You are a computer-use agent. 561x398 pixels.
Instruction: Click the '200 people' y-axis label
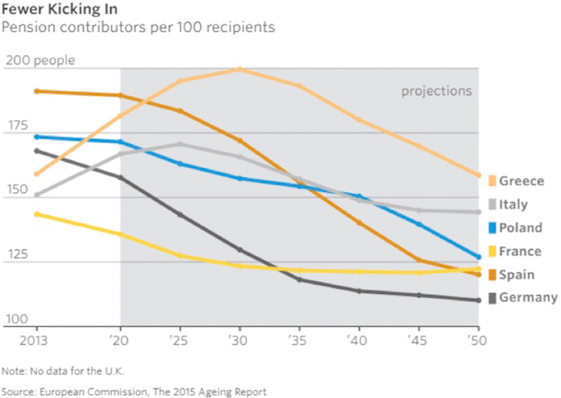click(x=40, y=61)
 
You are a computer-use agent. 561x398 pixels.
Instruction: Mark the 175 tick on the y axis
click(x=18, y=126)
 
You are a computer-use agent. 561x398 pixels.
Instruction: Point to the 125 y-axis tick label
click(x=18, y=256)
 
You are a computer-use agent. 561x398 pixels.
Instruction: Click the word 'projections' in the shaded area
click(x=436, y=91)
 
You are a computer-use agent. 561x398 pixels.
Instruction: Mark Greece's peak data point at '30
click(x=239, y=69)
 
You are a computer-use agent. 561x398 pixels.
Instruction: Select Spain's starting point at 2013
click(x=37, y=91)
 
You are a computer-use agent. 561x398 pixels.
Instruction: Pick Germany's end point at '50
click(x=478, y=301)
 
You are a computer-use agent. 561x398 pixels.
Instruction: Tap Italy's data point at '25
click(x=180, y=143)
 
